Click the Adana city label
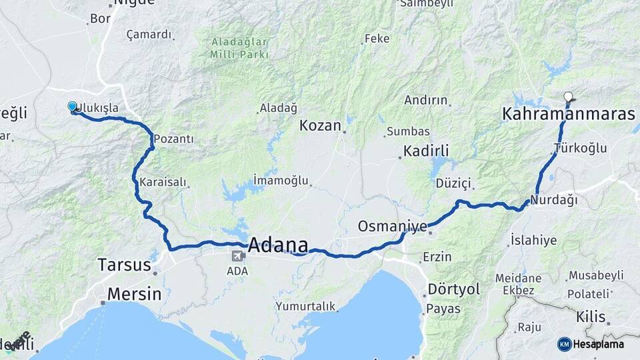tap(278, 245)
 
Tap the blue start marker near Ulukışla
tap(73, 107)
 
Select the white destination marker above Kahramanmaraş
tap(568, 97)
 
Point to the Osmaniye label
tap(392, 226)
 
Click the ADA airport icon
tap(237, 255)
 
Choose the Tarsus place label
tap(124, 264)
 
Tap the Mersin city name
tap(134, 294)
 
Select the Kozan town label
tap(320, 125)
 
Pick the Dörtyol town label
tap(453, 289)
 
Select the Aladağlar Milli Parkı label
tap(240, 47)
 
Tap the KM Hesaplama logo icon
tap(564, 344)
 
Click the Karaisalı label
tap(161, 181)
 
